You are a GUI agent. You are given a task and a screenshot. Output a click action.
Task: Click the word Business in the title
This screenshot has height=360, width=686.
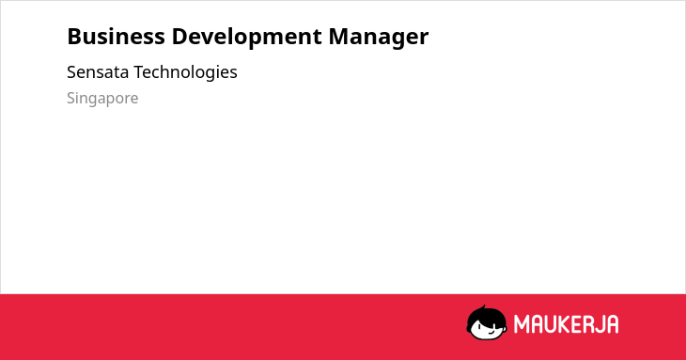pos(116,37)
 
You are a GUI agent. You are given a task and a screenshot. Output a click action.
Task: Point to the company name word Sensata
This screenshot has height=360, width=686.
pos(98,72)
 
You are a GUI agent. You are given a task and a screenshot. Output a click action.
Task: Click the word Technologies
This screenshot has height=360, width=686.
pos(185,72)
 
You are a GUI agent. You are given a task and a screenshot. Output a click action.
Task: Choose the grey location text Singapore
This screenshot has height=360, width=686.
pos(102,99)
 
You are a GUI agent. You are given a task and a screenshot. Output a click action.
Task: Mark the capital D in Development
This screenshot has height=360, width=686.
pos(179,37)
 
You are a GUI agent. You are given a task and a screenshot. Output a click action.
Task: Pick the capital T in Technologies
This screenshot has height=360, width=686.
pos(139,72)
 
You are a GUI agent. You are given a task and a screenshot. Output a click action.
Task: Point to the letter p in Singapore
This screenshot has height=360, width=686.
pos(110,102)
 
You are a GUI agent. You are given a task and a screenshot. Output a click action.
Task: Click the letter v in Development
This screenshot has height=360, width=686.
pos(210,39)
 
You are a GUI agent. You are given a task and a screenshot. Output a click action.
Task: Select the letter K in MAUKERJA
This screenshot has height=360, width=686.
pos(564,324)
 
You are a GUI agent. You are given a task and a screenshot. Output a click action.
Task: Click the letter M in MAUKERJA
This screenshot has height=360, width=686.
pos(521,324)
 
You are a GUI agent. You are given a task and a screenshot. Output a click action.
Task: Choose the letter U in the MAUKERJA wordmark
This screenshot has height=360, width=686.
pos(550,324)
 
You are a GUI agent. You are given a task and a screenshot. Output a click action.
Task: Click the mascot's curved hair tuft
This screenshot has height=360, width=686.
pos(483,307)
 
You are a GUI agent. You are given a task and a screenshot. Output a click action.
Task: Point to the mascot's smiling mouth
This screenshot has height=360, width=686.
pos(491,331)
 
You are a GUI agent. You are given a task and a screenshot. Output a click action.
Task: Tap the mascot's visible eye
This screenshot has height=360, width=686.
pos(479,326)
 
